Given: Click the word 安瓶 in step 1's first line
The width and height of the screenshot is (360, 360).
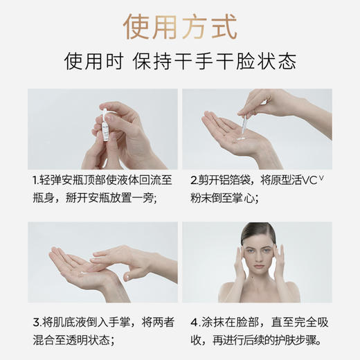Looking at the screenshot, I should (80, 180).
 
